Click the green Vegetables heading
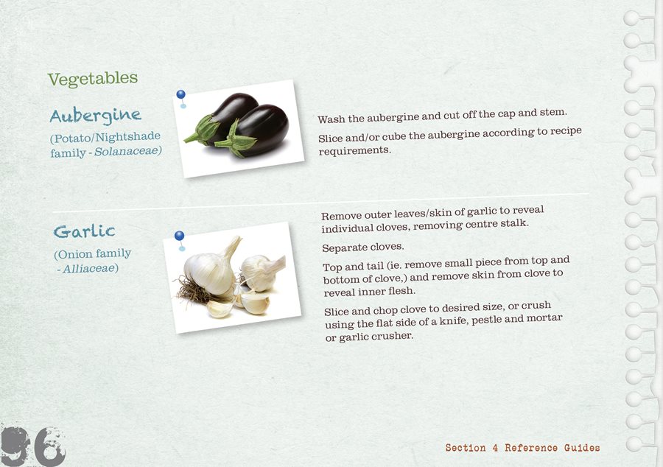tap(93, 79)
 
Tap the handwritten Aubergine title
tap(95, 116)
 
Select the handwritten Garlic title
tap(84, 231)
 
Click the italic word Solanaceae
tap(127, 151)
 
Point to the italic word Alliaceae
tap(91, 268)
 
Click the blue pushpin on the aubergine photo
tap(181, 98)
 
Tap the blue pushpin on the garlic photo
tap(180, 239)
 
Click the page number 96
tap(32, 446)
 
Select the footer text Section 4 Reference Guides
tap(522, 448)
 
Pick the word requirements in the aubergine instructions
tap(354, 150)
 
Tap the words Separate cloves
tap(362, 247)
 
